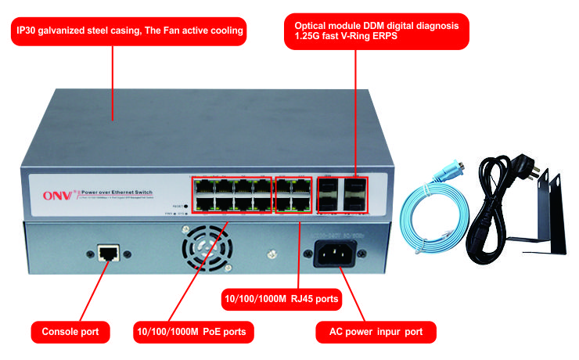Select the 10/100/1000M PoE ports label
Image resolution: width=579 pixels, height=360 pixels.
(x=190, y=332)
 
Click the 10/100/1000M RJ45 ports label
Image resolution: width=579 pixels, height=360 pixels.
(x=282, y=298)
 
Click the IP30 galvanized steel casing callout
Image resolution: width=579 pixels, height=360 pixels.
(x=130, y=32)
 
